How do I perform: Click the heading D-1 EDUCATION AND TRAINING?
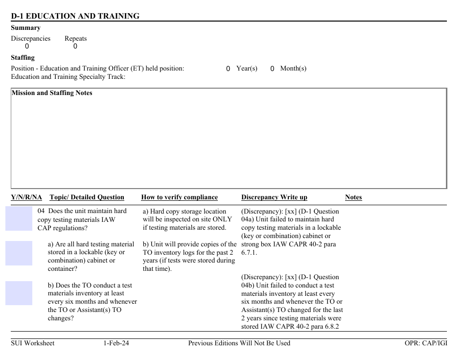pos(75,16)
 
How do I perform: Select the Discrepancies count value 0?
pos(27,47)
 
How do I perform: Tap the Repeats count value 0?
pos(75,47)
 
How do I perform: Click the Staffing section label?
pos(23,57)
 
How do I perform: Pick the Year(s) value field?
pos(228,69)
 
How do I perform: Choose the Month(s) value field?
pos(272,69)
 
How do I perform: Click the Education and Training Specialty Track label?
pos(68,77)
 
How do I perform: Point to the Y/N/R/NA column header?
pos(26,197)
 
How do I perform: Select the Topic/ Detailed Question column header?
pos(87,197)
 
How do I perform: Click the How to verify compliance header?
pos(179,197)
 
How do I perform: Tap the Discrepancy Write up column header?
pos(274,197)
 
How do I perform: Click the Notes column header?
pos(353,197)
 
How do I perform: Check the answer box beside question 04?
pos(19,218)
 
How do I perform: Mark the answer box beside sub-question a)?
pos(19,253)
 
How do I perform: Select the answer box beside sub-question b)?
pos(19,293)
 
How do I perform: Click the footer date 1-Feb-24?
pos(116,343)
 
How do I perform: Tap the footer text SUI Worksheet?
pos(33,343)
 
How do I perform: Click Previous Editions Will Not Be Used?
pos(239,343)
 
